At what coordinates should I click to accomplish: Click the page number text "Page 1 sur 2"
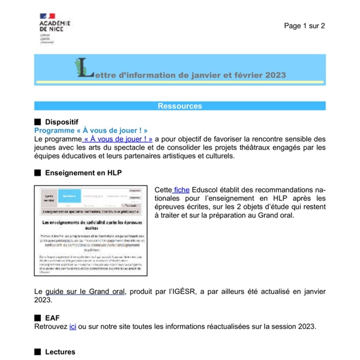[304, 26]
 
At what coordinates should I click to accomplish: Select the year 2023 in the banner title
[273, 75]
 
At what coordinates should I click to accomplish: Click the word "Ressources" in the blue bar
[179, 106]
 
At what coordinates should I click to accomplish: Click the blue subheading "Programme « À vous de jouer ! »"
[91, 130]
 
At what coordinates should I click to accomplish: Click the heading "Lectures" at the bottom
[60, 352]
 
